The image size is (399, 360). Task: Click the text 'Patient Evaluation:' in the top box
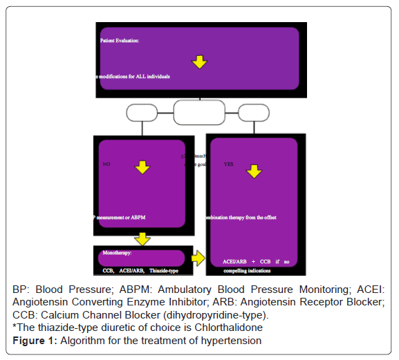click(x=120, y=41)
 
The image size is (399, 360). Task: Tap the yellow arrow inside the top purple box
click(x=200, y=62)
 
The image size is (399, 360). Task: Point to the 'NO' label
click(x=106, y=165)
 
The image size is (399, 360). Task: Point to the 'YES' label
click(x=229, y=165)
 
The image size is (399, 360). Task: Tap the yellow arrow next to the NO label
click(x=142, y=167)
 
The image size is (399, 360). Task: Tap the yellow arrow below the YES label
click(x=253, y=171)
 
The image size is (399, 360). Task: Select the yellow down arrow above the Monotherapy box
click(x=142, y=238)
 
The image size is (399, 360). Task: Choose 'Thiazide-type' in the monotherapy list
click(x=167, y=270)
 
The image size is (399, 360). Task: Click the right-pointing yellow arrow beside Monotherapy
click(x=198, y=258)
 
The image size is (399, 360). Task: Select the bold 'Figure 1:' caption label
click(x=35, y=339)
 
